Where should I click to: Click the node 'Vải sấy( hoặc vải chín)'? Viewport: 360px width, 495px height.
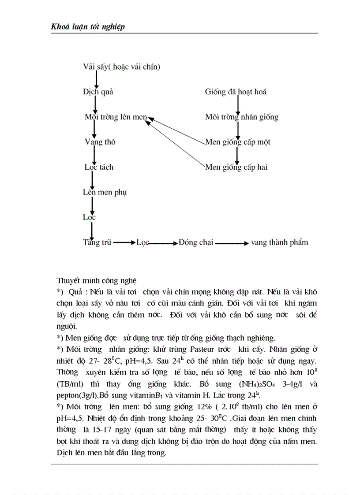point(121,67)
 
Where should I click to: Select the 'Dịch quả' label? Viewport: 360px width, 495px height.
point(98,92)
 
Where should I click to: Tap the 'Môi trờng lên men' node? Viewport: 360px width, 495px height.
point(116,117)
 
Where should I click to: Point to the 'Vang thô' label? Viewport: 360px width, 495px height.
point(100,142)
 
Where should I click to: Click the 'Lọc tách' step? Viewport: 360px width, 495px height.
point(99,167)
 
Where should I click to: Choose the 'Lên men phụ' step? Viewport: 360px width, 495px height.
point(105,192)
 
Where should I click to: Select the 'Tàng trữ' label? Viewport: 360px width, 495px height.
point(97,242)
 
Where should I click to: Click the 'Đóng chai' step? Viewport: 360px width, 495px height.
point(196,242)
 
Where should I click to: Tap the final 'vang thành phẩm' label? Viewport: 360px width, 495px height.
point(279,242)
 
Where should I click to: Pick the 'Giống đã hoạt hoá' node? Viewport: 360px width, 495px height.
point(236,92)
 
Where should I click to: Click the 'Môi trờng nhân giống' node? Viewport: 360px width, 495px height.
point(241,117)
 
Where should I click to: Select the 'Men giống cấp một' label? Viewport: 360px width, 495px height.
point(238,142)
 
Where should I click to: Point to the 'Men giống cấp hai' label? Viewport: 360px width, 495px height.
point(236,167)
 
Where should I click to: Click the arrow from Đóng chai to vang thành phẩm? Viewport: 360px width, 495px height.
point(232,243)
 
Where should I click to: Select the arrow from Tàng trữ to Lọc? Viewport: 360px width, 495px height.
point(124,243)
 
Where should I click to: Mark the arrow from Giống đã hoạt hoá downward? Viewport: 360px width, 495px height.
point(238,104)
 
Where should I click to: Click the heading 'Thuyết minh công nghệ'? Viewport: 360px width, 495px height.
point(97,280)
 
